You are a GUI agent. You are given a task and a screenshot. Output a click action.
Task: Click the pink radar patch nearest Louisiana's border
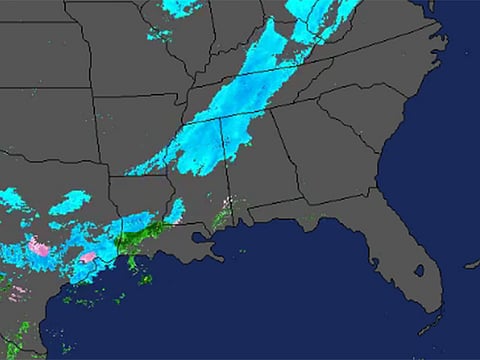89,257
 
